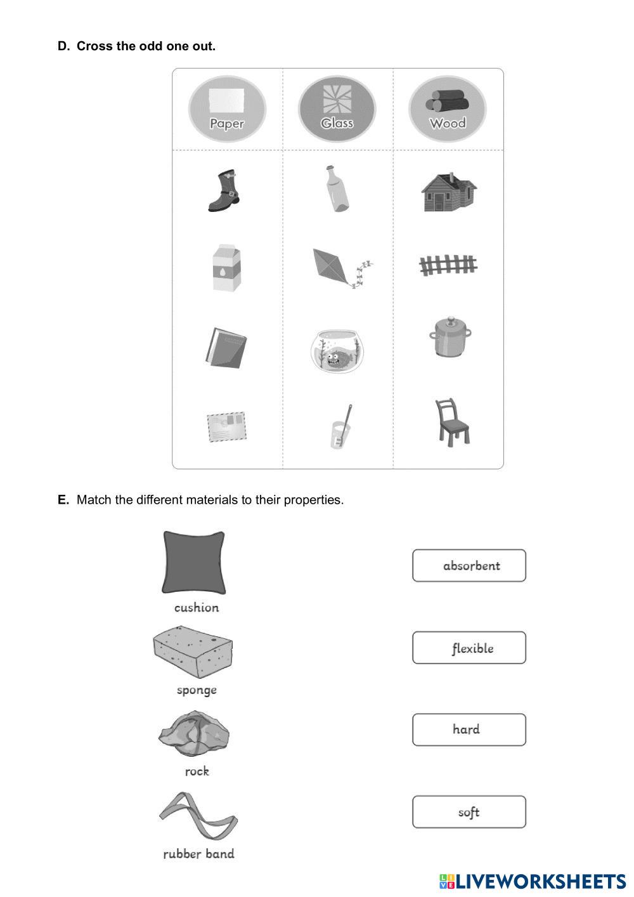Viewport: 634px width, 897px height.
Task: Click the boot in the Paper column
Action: [224, 190]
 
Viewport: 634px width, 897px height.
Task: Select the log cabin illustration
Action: [448, 192]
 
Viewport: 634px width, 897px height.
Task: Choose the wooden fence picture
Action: [448, 265]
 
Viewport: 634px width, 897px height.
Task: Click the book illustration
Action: [226, 348]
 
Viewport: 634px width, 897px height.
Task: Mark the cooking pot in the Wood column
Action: [451, 336]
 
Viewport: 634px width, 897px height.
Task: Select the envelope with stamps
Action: [226, 426]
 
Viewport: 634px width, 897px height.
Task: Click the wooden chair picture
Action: [451, 421]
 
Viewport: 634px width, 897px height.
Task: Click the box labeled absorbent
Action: [469, 565]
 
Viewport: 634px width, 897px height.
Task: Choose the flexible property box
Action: [469, 648]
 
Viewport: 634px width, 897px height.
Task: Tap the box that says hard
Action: [469, 730]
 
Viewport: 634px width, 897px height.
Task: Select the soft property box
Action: [469, 812]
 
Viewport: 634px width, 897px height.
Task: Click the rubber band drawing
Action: [197, 816]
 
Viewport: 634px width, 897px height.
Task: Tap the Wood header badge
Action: [448, 109]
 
